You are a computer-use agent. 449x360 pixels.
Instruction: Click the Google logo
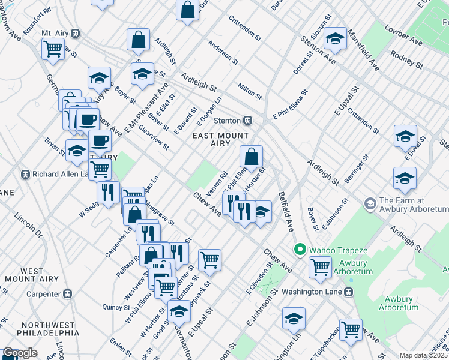click(x=20, y=353)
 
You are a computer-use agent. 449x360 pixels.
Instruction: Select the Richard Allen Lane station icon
click(x=25, y=175)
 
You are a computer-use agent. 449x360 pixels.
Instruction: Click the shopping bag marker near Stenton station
click(x=252, y=157)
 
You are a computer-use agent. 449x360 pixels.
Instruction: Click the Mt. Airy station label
click(x=55, y=32)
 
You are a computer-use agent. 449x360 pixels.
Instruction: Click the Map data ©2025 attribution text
click(x=423, y=355)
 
